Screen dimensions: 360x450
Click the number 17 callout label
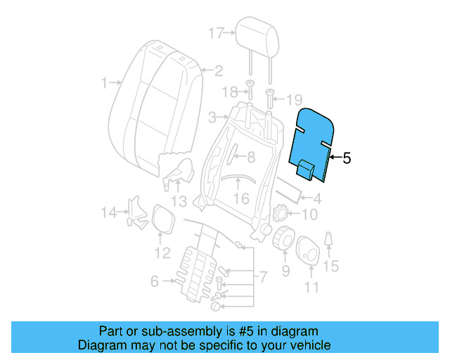[216, 32]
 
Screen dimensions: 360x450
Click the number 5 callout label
[346, 159]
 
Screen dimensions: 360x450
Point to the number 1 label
[103, 82]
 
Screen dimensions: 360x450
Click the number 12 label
[162, 252]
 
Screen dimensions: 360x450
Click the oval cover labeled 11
[309, 252]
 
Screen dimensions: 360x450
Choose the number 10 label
[309, 214]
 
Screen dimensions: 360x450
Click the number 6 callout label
[155, 282]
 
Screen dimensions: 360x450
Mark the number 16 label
[241, 199]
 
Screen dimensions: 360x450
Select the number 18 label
[227, 92]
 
